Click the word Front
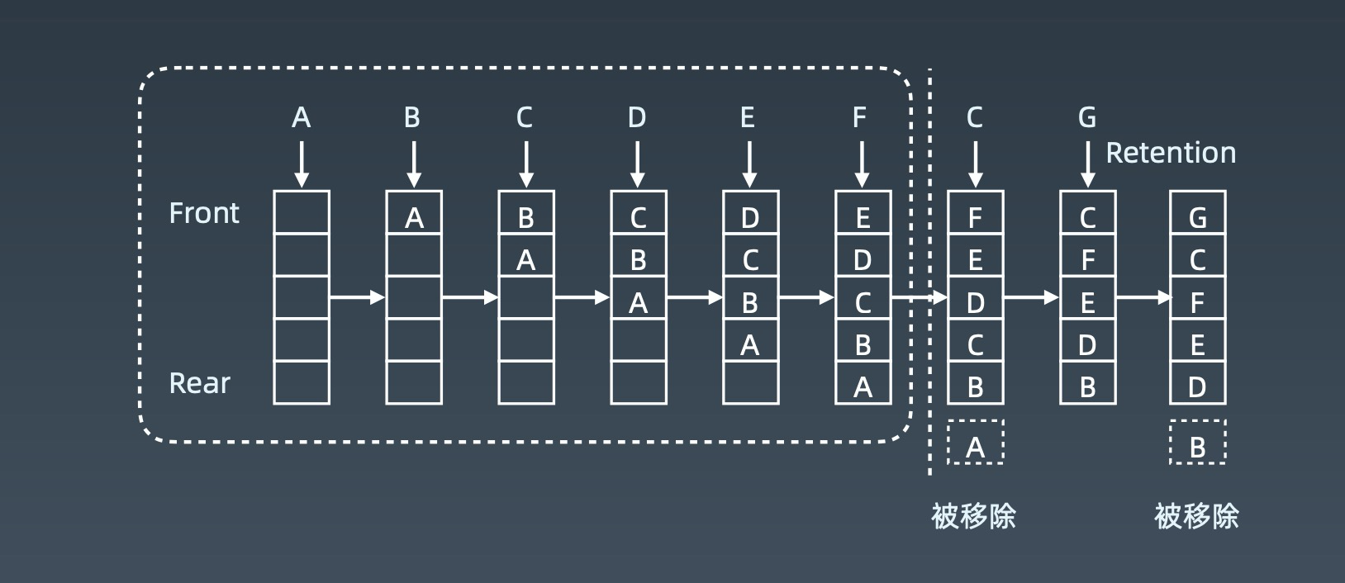(x=204, y=213)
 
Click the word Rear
(x=200, y=383)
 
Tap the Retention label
(x=1171, y=153)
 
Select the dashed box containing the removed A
(x=975, y=443)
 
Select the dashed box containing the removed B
(x=1197, y=443)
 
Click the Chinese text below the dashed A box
(x=973, y=516)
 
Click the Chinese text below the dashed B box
(x=1196, y=516)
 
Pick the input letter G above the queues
(x=1087, y=118)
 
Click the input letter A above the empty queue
(x=302, y=118)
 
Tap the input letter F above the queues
(x=860, y=118)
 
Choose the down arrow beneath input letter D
(x=637, y=164)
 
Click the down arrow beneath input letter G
(x=1087, y=164)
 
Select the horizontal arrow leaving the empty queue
(x=357, y=297)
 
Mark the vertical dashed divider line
(x=930, y=273)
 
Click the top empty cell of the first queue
(x=302, y=213)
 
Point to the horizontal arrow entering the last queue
(x=1143, y=297)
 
